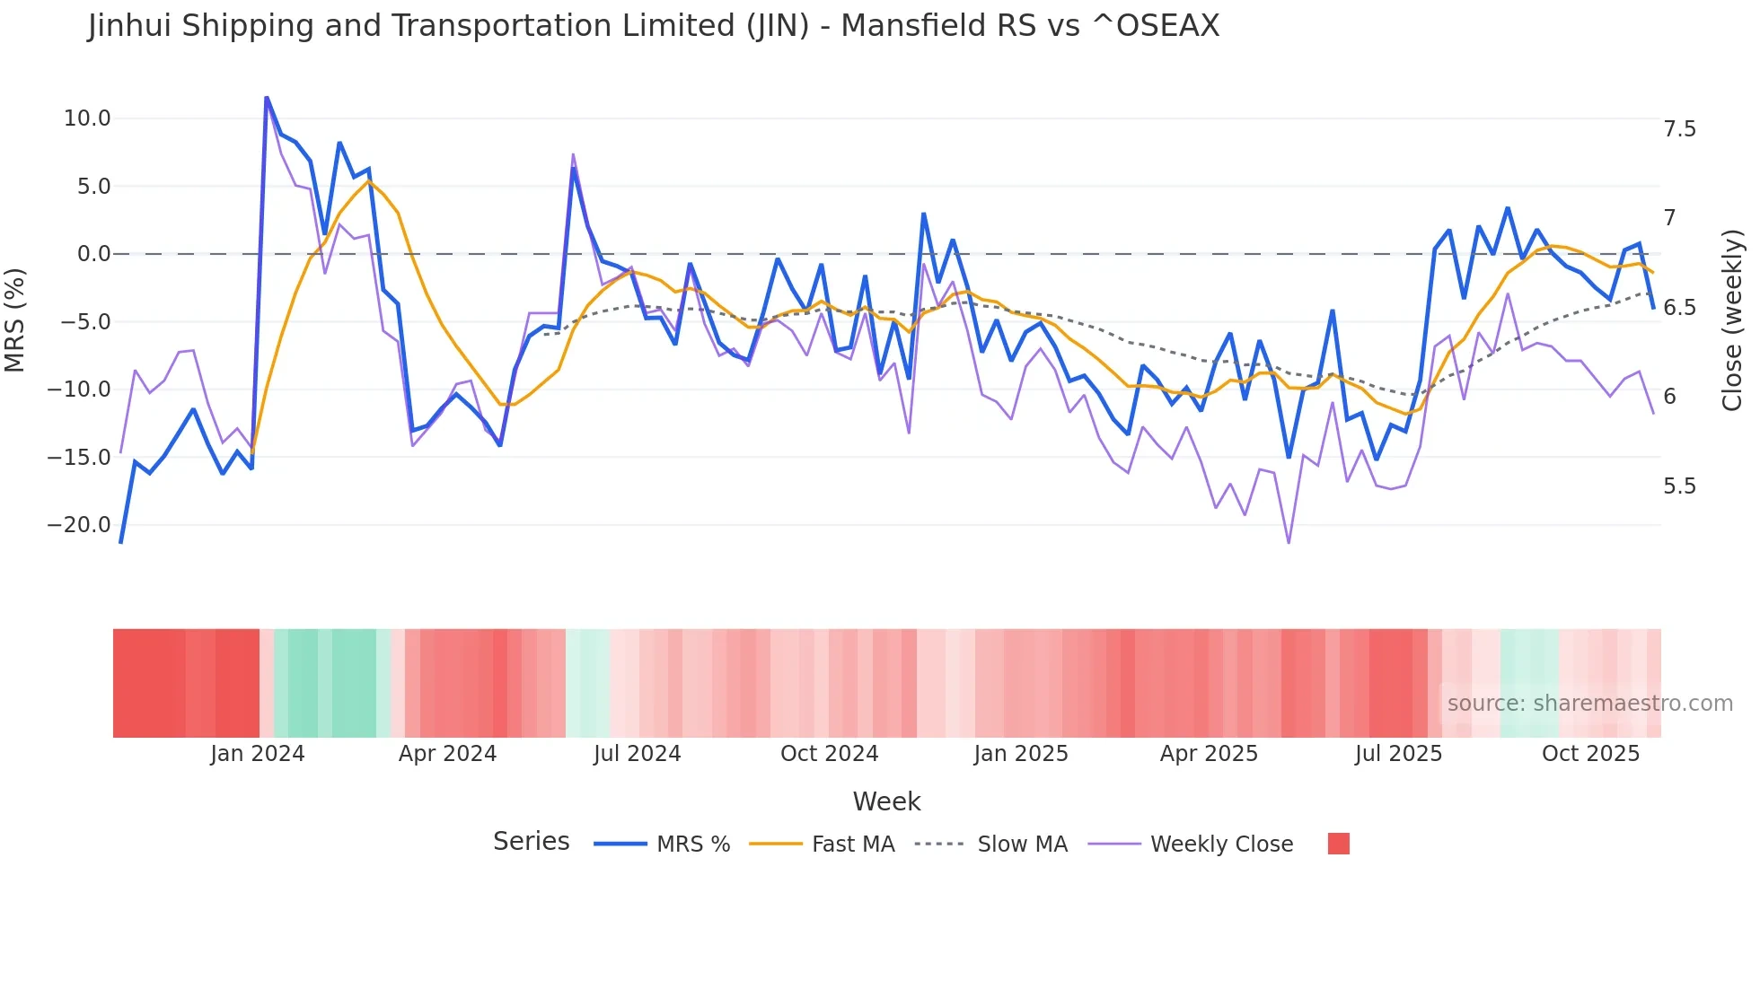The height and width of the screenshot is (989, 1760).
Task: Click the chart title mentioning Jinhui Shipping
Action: [x=653, y=26]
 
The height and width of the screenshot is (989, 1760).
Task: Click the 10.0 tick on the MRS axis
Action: [x=87, y=118]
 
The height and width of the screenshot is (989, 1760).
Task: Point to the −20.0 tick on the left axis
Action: [x=79, y=525]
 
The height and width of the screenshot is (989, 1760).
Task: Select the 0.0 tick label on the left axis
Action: [x=93, y=254]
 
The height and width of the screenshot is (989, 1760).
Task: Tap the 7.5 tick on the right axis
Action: [x=1679, y=129]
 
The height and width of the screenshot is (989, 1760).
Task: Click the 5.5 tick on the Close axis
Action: [x=1679, y=486]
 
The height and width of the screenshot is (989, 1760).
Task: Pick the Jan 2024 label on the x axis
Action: [x=258, y=754]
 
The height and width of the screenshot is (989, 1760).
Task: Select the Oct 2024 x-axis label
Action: [x=829, y=754]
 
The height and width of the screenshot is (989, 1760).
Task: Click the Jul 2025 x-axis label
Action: [x=1398, y=754]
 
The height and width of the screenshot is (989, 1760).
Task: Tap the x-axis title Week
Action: [x=886, y=801]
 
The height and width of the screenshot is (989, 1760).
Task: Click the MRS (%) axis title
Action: [x=15, y=319]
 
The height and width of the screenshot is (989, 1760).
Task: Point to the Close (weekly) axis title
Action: [x=1732, y=320]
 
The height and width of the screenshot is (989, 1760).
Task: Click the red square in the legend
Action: [x=1338, y=844]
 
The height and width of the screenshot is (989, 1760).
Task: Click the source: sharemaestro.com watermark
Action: [x=1589, y=704]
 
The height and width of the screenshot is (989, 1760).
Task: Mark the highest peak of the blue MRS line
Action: [x=267, y=97]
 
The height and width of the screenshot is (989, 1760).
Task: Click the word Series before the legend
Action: [x=531, y=842]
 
